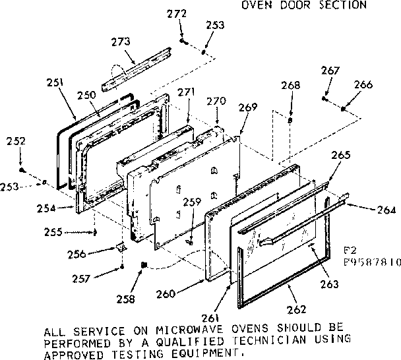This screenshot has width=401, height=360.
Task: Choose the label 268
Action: (x=290, y=85)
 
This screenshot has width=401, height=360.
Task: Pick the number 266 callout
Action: (x=363, y=84)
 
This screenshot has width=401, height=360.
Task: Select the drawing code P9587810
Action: (x=372, y=261)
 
